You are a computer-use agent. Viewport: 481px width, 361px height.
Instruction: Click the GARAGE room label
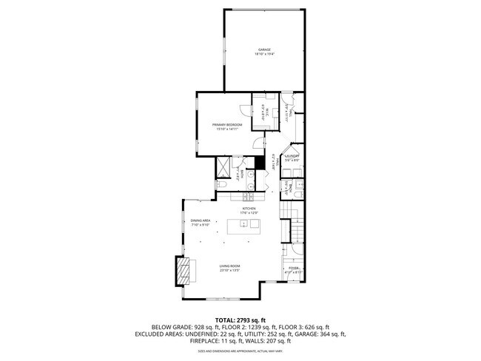click(x=264, y=50)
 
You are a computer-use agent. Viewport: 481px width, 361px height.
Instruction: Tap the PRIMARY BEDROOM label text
click(x=227, y=124)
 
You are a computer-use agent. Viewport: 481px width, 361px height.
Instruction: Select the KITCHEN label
click(x=248, y=209)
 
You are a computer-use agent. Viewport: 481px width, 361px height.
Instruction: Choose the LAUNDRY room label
click(x=292, y=156)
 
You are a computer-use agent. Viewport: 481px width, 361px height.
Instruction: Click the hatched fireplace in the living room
click(x=183, y=270)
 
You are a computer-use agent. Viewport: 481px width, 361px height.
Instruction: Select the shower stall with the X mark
click(x=223, y=167)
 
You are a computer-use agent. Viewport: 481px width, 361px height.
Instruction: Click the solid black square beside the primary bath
click(x=259, y=164)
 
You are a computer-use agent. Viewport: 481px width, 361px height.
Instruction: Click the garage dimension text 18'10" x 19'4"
click(x=264, y=55)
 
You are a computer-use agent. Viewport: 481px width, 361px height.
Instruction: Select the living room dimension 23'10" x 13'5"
click(x=229, y=271)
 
